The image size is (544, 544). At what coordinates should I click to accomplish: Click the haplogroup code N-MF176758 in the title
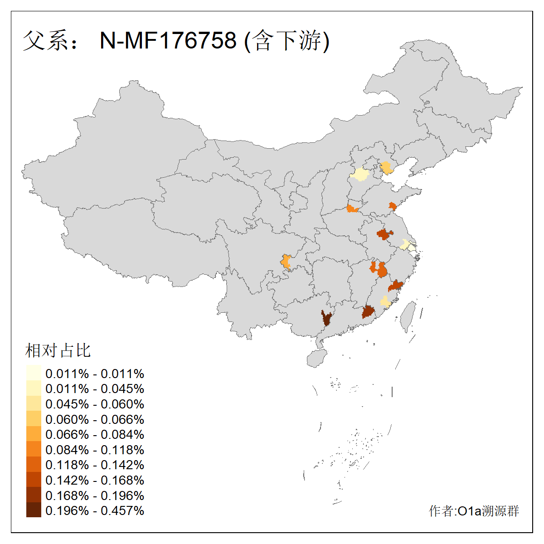point(168,41)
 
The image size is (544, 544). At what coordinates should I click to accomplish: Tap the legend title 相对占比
point(58,350)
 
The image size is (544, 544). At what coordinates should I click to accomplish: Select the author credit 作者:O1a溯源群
point(474,511)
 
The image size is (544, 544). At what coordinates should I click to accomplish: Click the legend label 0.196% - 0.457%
point(95,510)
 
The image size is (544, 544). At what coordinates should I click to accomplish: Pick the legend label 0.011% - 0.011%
point(95,374)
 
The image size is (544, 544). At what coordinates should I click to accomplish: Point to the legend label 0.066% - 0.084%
point(95,434)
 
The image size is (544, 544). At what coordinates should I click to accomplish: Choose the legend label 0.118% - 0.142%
point(95,465)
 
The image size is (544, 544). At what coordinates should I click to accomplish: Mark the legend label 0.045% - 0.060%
point(95,404)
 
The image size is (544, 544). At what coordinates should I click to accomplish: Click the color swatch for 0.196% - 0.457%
point(34,510)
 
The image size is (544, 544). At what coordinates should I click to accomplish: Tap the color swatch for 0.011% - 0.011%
point(34,373)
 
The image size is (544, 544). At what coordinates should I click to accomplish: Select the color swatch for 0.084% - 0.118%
point(34,449)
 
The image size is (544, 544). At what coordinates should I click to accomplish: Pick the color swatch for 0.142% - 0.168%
point(34,480)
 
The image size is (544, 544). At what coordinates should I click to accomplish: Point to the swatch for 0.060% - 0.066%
point(34,419)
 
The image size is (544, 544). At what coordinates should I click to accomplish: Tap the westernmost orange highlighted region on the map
point(286,262)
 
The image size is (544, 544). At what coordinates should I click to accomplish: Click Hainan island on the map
point(317,359)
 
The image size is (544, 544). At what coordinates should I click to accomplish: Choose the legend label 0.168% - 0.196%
point(95,495)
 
